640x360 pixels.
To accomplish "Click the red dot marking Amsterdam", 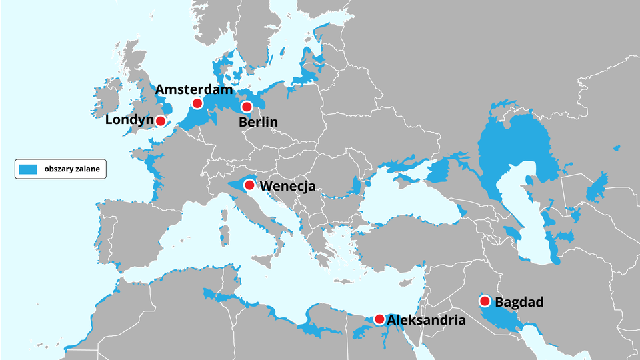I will (197, 103).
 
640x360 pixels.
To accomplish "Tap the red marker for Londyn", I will (161, 121).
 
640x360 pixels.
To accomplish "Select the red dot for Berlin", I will (247, 107).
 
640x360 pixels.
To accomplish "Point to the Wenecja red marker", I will (249, 185).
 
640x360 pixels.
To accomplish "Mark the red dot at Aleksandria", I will (379, 319).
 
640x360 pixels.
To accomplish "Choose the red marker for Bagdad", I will (485, 301).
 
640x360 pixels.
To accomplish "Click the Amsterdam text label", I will (194, 89).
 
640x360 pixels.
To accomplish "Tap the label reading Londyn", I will (129, 120).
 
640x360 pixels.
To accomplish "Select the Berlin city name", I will (259, 122).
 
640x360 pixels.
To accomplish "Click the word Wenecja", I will (287, 186).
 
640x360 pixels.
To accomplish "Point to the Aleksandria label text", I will (426, 320).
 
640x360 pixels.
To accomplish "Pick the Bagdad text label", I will (519, 302).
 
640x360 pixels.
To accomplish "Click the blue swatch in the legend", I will (27, 169).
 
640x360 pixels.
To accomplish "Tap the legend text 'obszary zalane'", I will (72, 169).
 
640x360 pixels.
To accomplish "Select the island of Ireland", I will (107, 100).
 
